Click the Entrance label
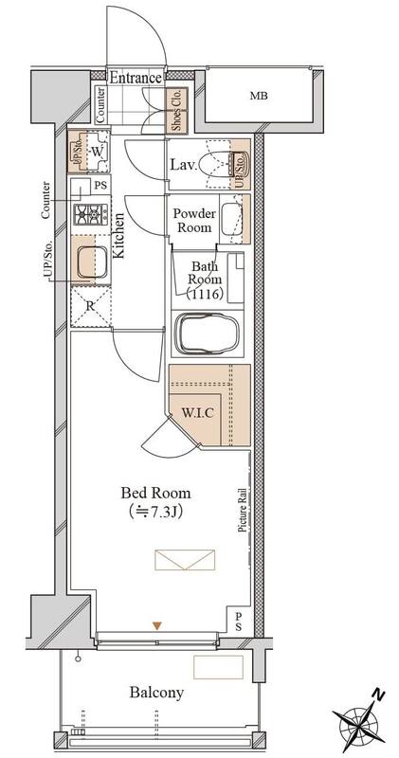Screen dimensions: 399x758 [135, 78]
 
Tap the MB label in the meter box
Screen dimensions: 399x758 [259, 96]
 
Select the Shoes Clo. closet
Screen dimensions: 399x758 [176, 111]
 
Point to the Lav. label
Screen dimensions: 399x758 [184, 165]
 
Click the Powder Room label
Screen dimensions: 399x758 [194, 220]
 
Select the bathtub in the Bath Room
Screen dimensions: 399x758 [208, 334]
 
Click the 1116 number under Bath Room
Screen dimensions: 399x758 [207, 293]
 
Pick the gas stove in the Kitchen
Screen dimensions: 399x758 [90, 214]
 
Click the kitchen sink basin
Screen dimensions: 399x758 [91, 262]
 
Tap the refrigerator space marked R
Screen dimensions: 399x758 [90, 307]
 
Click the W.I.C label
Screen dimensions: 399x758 [198, 413]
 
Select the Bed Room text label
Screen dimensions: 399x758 [155, 493]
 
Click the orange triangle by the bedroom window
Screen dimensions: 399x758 [156, 626]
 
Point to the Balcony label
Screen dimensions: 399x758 [156, 693]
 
